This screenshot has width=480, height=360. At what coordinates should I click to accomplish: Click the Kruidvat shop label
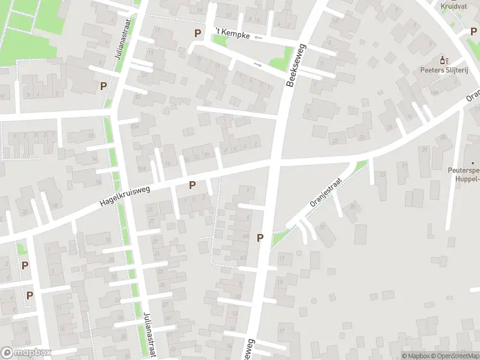tap(454, 7)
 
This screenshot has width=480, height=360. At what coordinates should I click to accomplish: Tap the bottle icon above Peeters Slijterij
tap(444, 60)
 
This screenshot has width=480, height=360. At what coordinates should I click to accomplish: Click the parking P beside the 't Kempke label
tap(197, 33)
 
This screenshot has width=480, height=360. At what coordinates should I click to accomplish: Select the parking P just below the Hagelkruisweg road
tap(192, 185)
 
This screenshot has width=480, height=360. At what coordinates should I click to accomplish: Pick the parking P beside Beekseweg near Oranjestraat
tap(260, 238)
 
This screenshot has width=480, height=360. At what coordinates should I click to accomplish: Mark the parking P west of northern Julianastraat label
tap(103, 86)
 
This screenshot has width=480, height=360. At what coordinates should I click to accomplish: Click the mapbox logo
tap(26, 353)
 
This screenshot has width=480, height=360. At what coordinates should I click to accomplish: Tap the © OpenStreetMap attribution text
tap(454, 356)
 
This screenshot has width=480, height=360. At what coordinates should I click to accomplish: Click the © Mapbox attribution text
tap(415, 356)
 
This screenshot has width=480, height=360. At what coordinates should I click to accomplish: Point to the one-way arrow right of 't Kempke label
tap(259, 38)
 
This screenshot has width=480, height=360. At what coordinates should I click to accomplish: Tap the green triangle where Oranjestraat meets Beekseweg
tap(278, 239)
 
